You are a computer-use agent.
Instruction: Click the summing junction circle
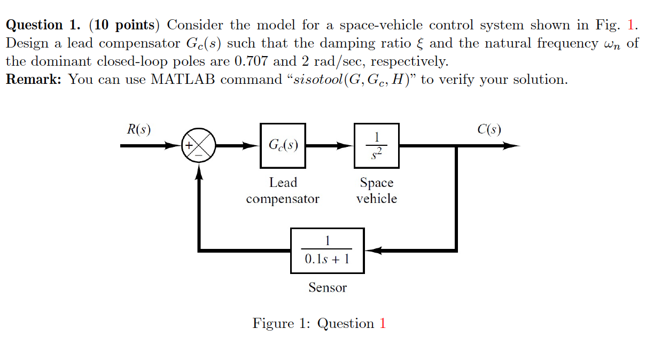click(x=199, y=145)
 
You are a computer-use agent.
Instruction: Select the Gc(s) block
click(x=283, y=145)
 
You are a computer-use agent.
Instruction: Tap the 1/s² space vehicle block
click(x=377, y=145)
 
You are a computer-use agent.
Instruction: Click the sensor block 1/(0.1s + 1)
click(x=327, y=251)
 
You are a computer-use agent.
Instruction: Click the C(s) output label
click(x=489, y=129)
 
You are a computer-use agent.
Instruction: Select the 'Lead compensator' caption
click(x=283, y=191)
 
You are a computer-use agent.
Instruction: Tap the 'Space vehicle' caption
click(x=377, y=191)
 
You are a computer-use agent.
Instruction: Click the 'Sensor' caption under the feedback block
click(x=327, y=288)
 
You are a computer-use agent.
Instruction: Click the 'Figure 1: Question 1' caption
click(x=319, y=324)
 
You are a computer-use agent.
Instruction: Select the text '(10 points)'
click(x=126, y=25)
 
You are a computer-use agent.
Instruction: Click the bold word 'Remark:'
click(x=34, y=80)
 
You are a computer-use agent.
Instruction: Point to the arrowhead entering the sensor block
click(x=372, y=251)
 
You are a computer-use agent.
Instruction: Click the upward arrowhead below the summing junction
click(x=199, y=169)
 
